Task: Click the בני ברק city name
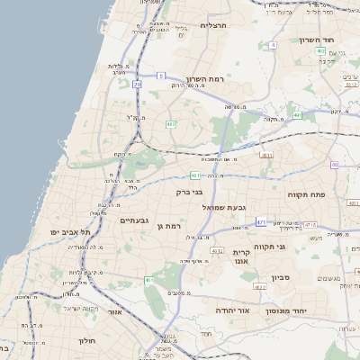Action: pos(189,191)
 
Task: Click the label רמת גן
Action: pos(169,226)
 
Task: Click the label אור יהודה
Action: pos(231,310)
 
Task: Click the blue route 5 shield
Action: pos(160,76)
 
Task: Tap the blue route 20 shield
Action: pos(137,84)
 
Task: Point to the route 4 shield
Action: pos(272,44)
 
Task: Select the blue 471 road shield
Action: pos(261,221)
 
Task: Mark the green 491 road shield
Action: pos(297,116)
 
